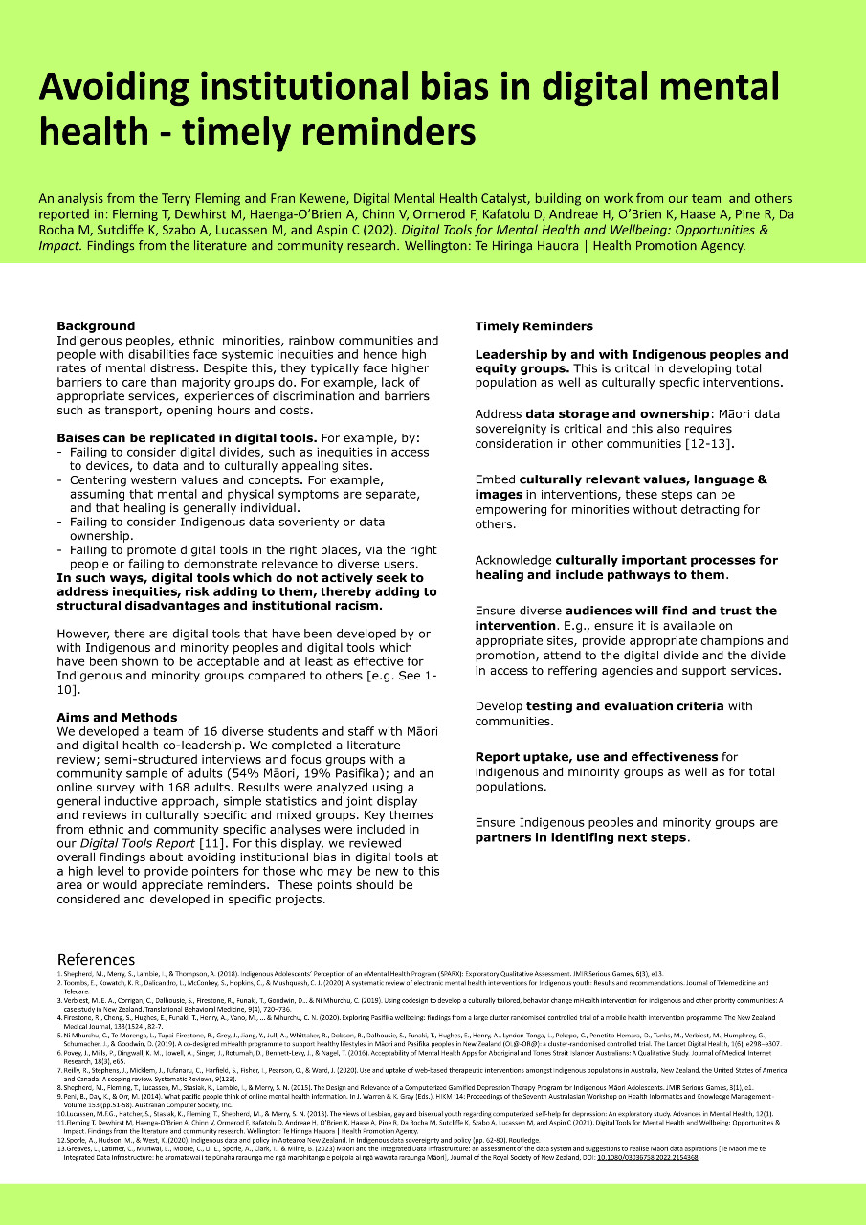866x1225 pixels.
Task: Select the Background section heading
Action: coord(96,326)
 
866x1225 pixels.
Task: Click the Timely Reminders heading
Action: coord(534,326)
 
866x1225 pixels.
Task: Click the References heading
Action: coord(96,960)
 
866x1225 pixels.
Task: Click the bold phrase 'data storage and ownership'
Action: coord(618,413)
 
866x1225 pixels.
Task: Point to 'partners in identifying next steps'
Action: coord(581,837)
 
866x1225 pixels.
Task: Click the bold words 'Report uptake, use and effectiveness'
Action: coord(596,757)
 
